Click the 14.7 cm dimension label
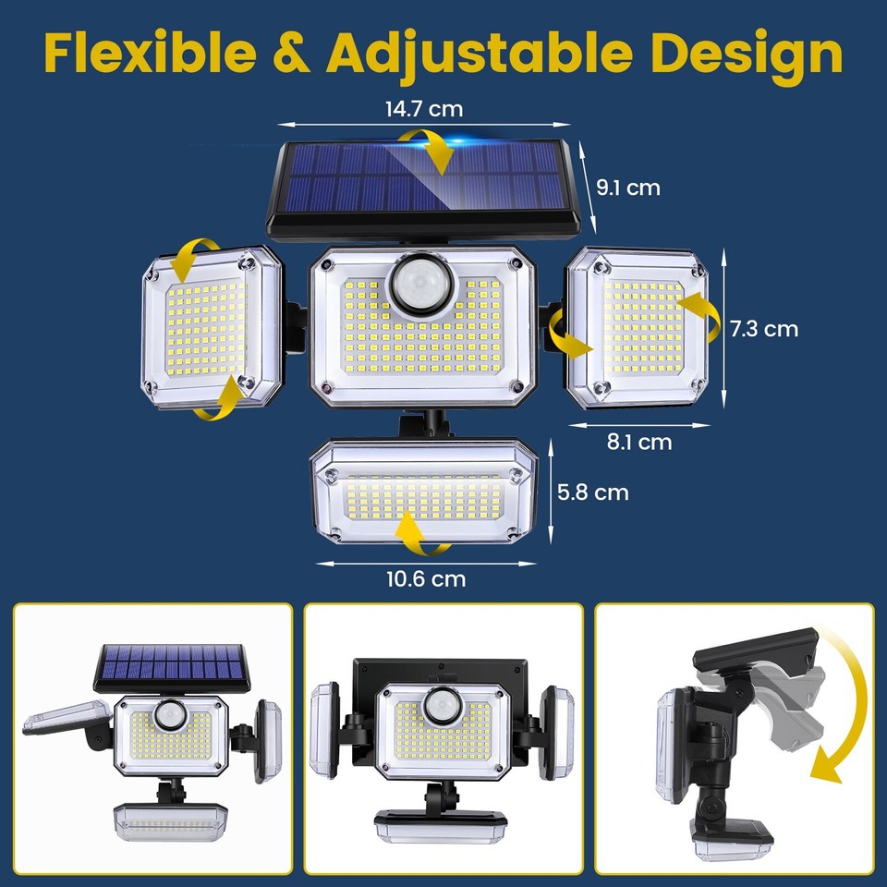[423, 109]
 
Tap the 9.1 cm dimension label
[628, 188]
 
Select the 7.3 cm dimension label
[763, 328]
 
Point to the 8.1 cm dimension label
[638, 443]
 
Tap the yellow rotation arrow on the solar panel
[427, 150]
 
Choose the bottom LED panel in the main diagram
[424, 489]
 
